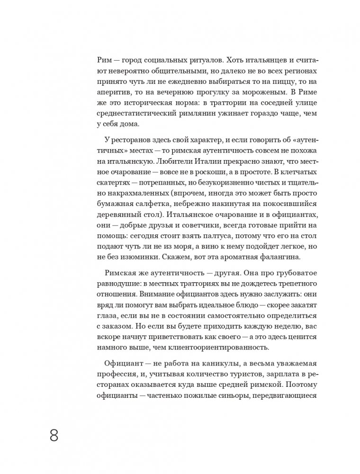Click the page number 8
(54, 435)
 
